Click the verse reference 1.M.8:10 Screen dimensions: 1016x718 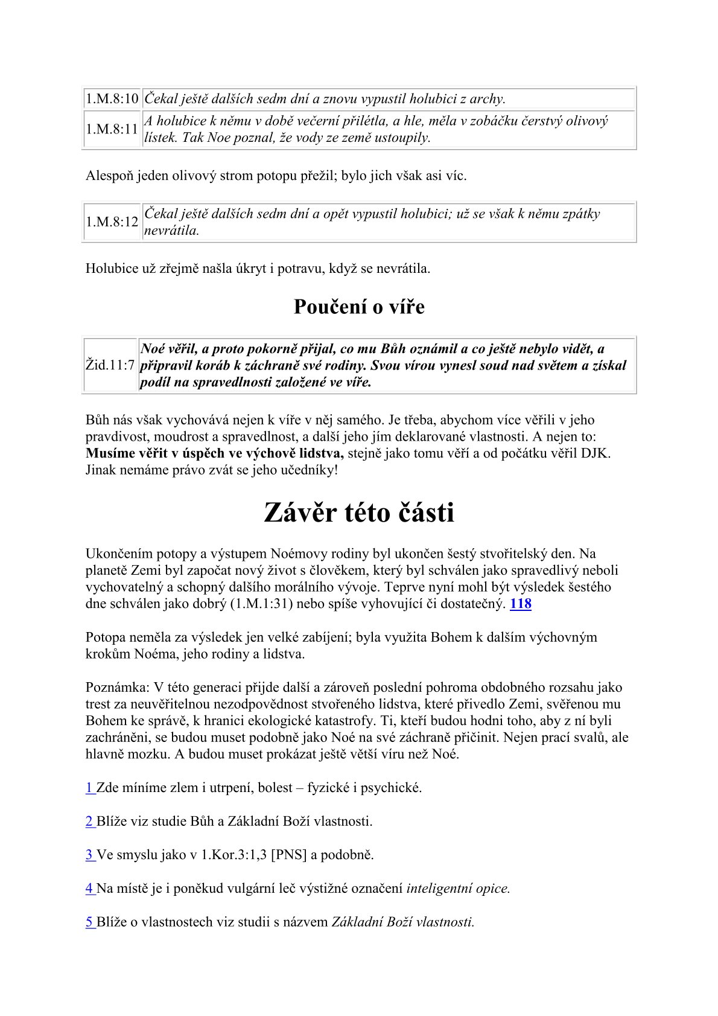click(x=112, y=99)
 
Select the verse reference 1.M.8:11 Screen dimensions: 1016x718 click(x=112, y=129)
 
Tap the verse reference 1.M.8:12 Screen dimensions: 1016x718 click(x=112, y=222)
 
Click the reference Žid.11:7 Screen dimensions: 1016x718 click(x=110, y=366)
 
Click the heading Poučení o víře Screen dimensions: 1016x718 click(x=359, y=307)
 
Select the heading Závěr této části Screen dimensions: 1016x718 click(x=359, y=513)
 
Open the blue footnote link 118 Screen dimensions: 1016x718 click(x=521, y=604)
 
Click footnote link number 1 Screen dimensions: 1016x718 click(x=89, y=788)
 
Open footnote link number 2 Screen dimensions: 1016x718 click(x=89, y=822)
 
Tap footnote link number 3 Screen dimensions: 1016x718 click(x=89, y=855)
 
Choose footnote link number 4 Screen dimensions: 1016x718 click(x=89, y=889)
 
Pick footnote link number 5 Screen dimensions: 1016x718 click(x=89, y=922)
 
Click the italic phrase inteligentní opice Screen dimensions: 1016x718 click(x=458, y=889)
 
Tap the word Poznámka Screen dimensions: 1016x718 click(x=117, y=687)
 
